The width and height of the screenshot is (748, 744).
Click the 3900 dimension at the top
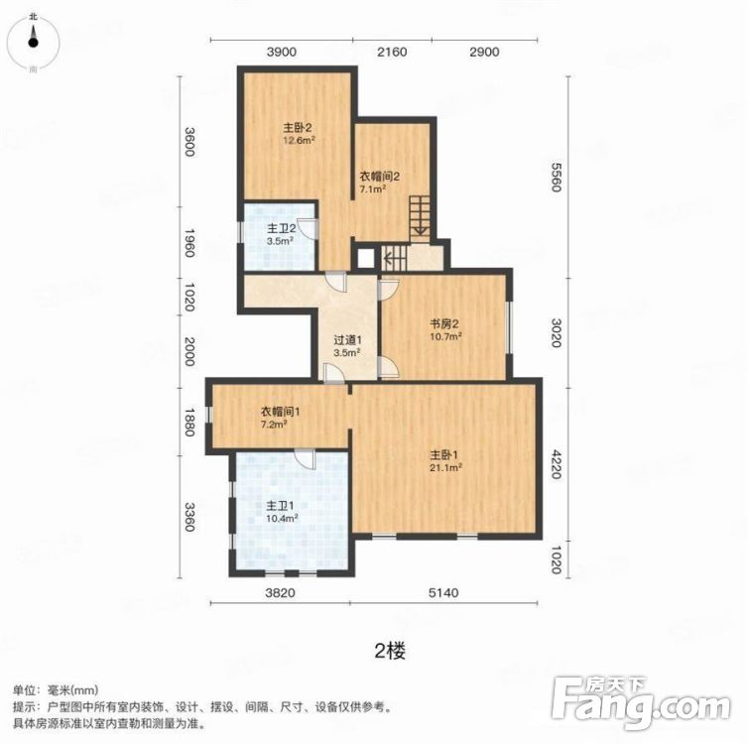click(x=282, y=52)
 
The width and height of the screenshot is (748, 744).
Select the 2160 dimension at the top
click(x=394, y=52)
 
